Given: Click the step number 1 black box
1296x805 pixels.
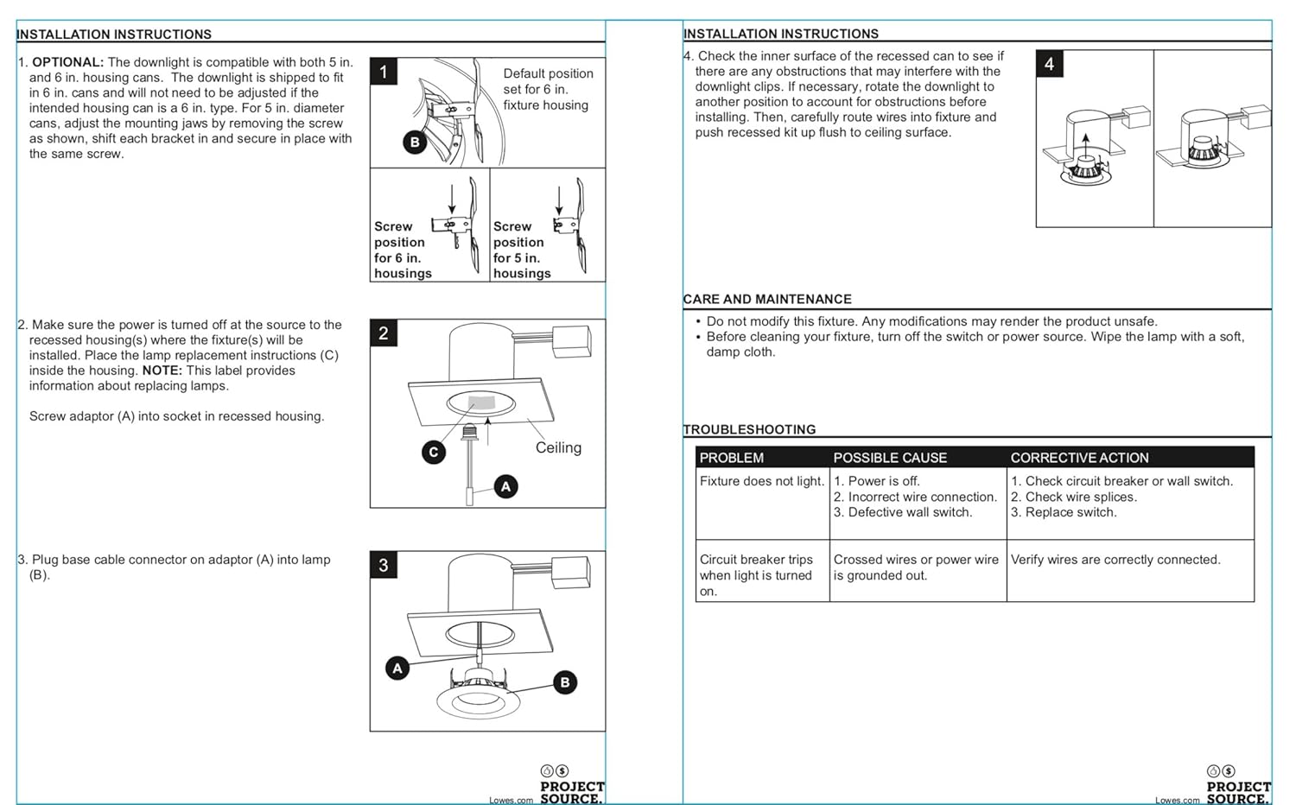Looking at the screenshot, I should coord(384,71).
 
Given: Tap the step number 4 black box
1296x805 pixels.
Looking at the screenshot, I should coord(1049,63).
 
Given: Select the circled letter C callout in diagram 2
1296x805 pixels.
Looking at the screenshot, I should coord(434,451).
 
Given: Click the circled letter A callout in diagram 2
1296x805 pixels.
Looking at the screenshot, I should coord(505,486).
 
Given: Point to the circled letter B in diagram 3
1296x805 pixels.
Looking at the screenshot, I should coord(565,682).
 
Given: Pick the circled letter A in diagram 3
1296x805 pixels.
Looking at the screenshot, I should coord(397,668).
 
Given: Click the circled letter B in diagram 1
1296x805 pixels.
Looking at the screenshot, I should coord(415,142).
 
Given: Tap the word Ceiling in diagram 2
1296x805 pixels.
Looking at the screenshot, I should coord(558,447).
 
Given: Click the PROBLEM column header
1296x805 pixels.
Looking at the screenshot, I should coord(731,458).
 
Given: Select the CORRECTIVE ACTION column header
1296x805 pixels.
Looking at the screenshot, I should coord(1079,458).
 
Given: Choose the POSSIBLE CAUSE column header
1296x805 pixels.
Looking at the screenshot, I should coord(890,458).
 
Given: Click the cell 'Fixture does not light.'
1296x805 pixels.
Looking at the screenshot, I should coord(761,481).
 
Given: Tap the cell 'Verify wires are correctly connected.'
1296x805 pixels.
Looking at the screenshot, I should coord(1115,560).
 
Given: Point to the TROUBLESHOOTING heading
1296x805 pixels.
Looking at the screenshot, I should coord(749,429).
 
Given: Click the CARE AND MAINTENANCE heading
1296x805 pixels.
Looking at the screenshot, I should coord(767,299).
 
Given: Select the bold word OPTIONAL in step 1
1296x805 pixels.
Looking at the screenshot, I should coord(67,62).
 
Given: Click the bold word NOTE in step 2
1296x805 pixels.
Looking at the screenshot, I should coord(162,371).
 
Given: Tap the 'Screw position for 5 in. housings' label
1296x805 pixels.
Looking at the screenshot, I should coord(521,250).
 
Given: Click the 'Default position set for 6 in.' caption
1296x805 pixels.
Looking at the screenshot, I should coord(548,89).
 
